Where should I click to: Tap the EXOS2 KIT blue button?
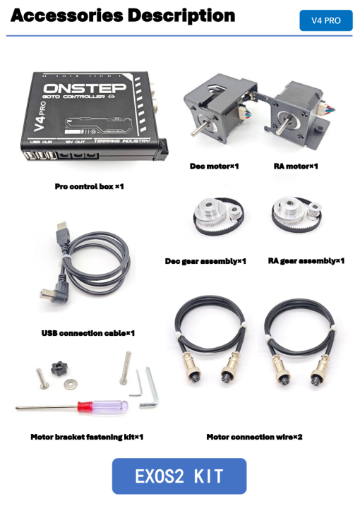click(179, 476)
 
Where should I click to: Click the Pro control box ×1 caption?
click(90, 187)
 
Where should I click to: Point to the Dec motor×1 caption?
click(215, 167)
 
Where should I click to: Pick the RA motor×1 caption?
click(296, 167)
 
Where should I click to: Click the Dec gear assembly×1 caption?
click(205, 261)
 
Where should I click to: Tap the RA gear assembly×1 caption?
click(306, 261)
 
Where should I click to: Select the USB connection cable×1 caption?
click(88, 333)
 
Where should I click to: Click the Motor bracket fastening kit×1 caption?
click(88, 437)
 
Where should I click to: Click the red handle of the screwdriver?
click(87, 407)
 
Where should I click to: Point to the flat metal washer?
click(71, 383)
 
